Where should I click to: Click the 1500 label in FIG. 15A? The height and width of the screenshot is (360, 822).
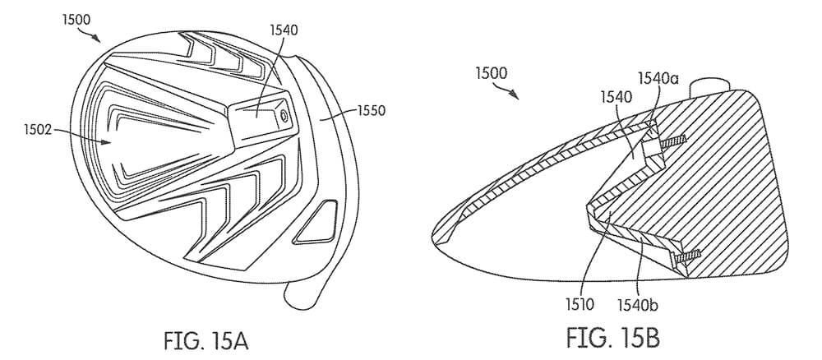(76, 20)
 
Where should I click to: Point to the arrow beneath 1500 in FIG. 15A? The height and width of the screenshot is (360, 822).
(89, 35)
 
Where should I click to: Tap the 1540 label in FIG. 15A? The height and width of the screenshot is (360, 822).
(284, 30)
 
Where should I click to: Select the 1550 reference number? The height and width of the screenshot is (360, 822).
(372, 111)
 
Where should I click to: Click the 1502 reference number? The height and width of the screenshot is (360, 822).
(39, 129)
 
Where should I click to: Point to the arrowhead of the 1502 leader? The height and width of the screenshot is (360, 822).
(108, 141)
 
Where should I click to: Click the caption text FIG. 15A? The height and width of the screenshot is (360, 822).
(205, 340)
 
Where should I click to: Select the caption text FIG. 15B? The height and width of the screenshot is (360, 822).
(613, 338)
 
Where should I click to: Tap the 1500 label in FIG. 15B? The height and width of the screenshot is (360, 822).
(492, 73)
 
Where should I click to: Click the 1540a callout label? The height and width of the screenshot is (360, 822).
(658, 79)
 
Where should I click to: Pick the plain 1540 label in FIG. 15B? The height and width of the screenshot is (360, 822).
(616, 96)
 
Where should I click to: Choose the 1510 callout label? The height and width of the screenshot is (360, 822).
(580, 304)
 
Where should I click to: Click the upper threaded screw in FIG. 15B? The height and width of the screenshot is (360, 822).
(672, 141)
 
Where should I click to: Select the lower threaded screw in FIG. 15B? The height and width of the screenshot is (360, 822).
(687, 256)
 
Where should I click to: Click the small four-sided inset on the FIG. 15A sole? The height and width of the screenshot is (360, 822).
(316, 222)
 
